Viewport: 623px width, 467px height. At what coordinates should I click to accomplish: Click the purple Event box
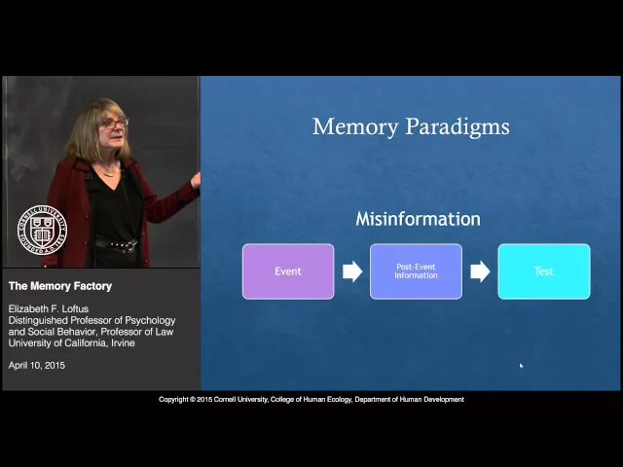[x=288, y=271]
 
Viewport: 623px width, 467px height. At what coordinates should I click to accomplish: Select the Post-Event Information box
[x=416, y=271]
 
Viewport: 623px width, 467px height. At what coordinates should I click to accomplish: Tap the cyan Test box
[x=543, y=271]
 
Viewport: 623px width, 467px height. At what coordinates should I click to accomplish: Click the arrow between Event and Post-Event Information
[x=352, y=271]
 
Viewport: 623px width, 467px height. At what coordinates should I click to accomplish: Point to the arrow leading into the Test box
[x=480, y=271]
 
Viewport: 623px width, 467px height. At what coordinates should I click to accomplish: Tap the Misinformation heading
[x=418, y=219]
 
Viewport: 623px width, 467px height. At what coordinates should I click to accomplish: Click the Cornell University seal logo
[x=42, y=231]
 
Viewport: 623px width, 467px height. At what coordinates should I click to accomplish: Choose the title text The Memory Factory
[x=60, y=286]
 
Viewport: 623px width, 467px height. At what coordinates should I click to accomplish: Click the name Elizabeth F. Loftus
[x=49, y=309]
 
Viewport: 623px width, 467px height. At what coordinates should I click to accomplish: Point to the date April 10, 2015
[x=38, y=365]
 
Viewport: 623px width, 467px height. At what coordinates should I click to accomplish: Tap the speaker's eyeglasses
[x=114, y=124]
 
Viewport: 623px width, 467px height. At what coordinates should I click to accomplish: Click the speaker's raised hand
[x=196, y=179]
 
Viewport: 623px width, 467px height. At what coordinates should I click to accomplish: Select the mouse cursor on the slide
[x=521, y=366]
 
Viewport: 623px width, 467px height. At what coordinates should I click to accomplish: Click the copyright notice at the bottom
[x=311, y=400]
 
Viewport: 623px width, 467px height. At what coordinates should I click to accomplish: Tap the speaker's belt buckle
[x=124, y=246]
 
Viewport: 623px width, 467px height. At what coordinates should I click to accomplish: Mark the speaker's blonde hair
[x=88, y=131]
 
